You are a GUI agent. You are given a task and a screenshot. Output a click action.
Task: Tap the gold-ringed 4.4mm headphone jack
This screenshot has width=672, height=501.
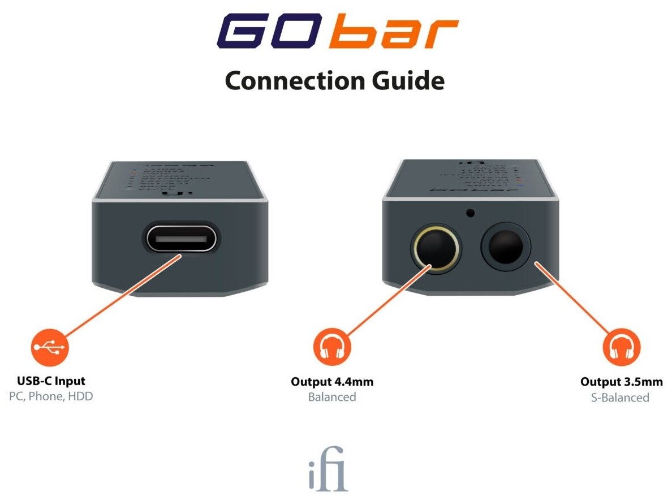click(434, 249)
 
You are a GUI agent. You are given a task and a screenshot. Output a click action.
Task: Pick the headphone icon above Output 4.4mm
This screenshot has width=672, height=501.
click(332, 348)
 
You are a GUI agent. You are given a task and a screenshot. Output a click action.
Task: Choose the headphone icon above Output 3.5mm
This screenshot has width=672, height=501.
click(621, 348)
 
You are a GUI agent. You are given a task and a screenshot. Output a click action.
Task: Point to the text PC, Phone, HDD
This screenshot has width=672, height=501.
click(51, 396)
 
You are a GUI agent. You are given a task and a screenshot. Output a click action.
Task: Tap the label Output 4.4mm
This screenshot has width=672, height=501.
click(332, 382)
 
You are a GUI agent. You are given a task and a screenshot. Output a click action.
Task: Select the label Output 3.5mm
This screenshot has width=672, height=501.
click(621, 382)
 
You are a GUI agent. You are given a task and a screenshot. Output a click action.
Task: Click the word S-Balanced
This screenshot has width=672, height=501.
click(620, 398)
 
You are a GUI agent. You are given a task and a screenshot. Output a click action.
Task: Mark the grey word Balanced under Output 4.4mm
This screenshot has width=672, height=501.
click(332, 397)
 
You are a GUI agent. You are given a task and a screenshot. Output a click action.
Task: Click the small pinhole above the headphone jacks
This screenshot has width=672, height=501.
click(469, 213)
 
